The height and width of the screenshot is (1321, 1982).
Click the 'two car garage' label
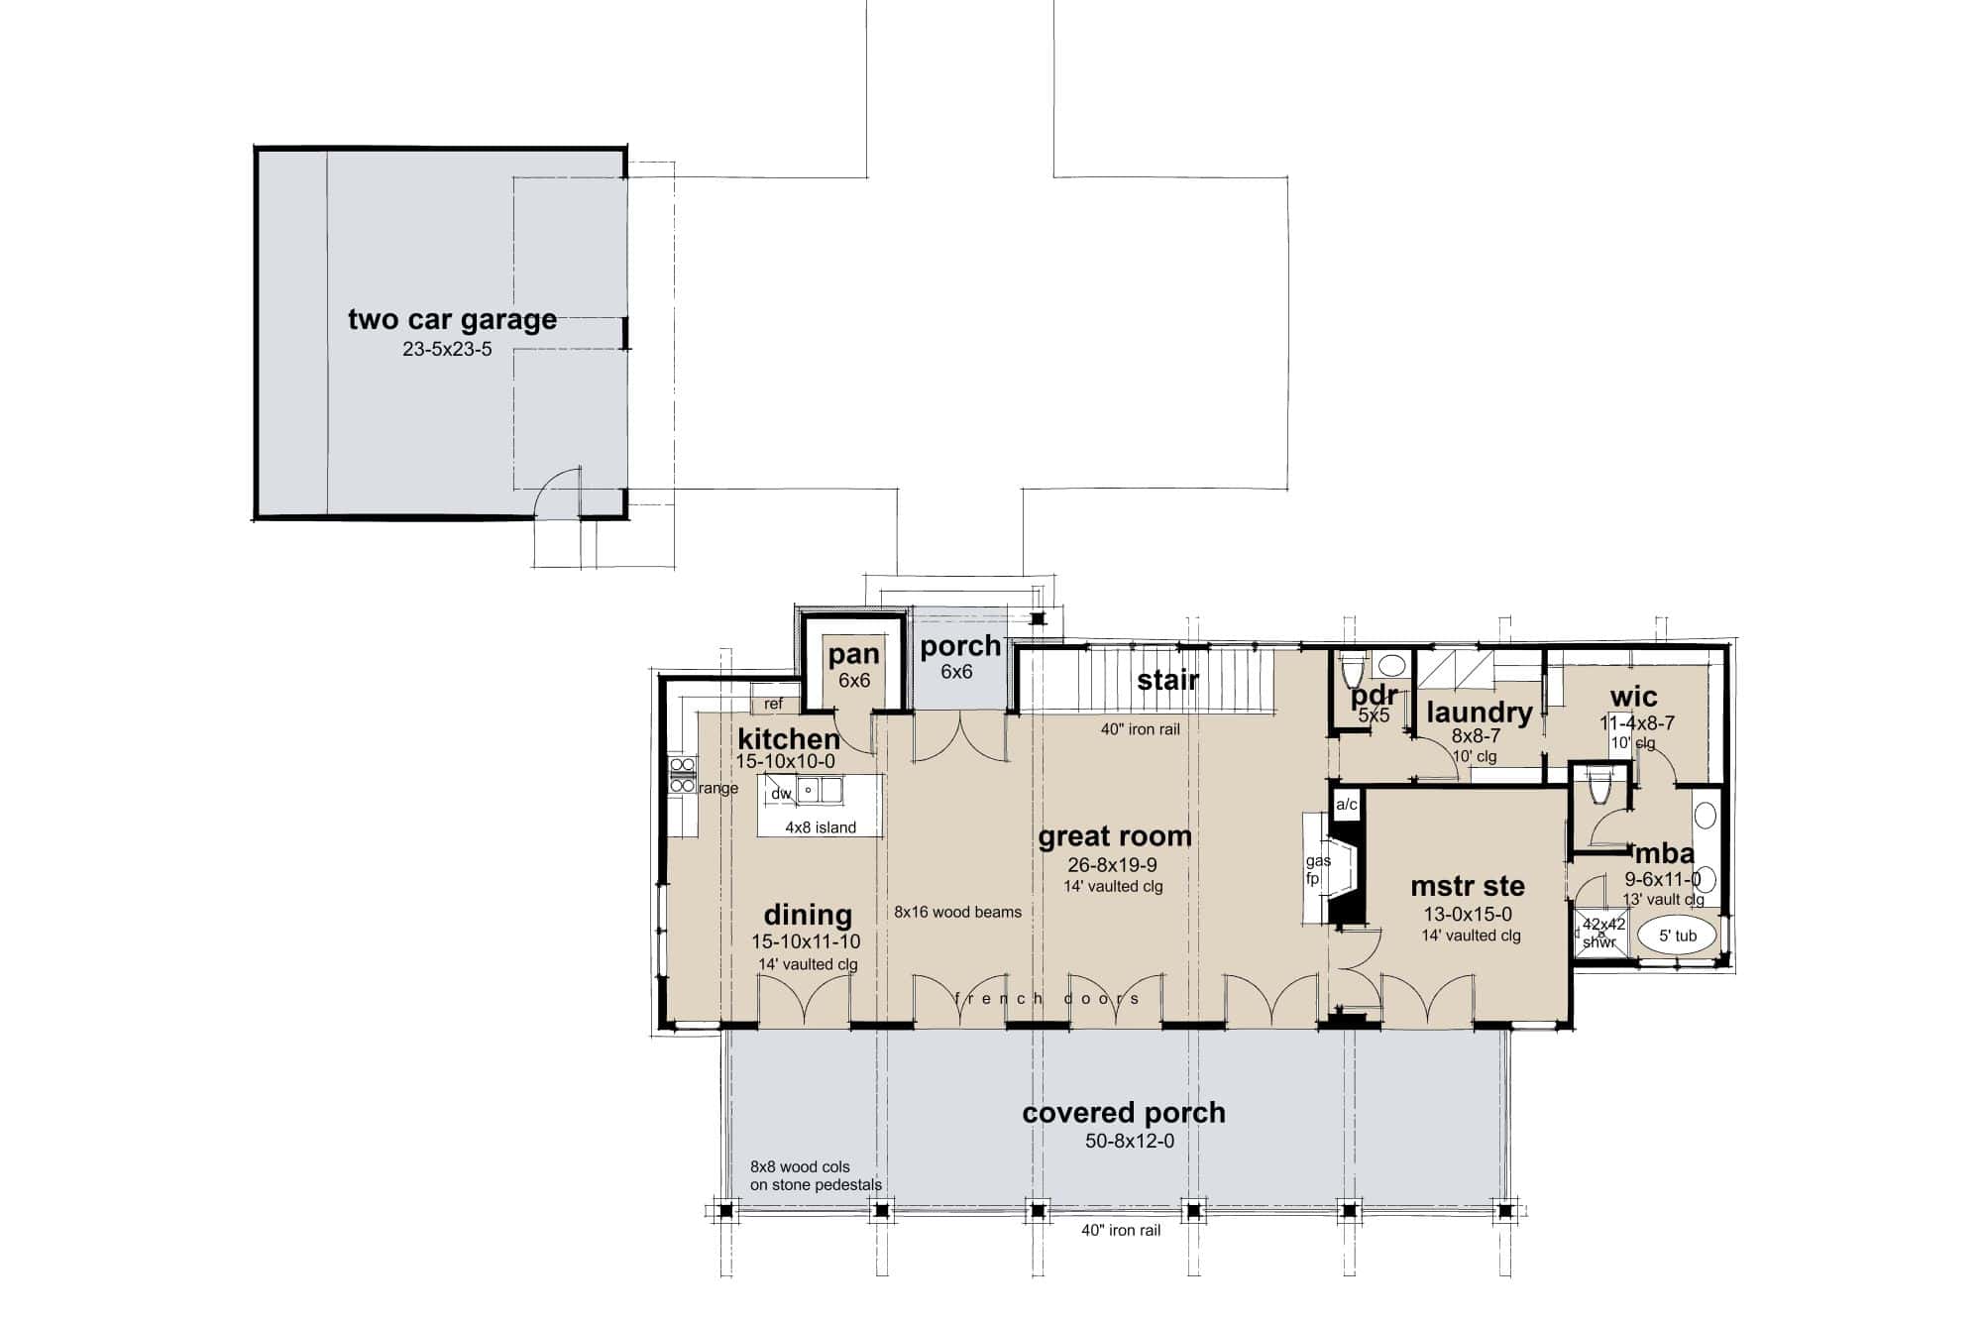point(452,319)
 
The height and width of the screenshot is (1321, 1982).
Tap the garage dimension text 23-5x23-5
point(447,350)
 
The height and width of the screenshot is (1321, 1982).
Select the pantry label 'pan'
point(853,654)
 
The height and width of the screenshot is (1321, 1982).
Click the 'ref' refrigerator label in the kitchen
point(773,704)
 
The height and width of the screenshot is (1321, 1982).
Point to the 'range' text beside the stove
point(718,789)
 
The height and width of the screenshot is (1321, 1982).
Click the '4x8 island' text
point(821,827)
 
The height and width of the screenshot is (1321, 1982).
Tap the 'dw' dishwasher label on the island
point(781,793)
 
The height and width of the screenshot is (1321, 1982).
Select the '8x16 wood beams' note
point(957,912)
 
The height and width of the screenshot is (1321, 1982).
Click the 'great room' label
point(1115,836)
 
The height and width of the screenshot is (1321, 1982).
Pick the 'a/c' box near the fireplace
point(1347,805)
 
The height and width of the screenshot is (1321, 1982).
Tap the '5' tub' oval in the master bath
point(1678,936)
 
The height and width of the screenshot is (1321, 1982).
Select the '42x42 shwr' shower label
point(1602,933)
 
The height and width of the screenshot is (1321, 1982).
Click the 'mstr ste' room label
point(1468,886)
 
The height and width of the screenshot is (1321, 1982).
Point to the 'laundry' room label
point(1480,712)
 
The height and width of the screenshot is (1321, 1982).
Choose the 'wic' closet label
point(1633,697)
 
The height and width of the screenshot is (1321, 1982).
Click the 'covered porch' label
point(1124,1113)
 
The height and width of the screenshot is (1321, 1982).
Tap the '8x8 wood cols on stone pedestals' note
point(816,1175)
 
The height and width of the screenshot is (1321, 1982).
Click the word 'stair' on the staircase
point(1167,680)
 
